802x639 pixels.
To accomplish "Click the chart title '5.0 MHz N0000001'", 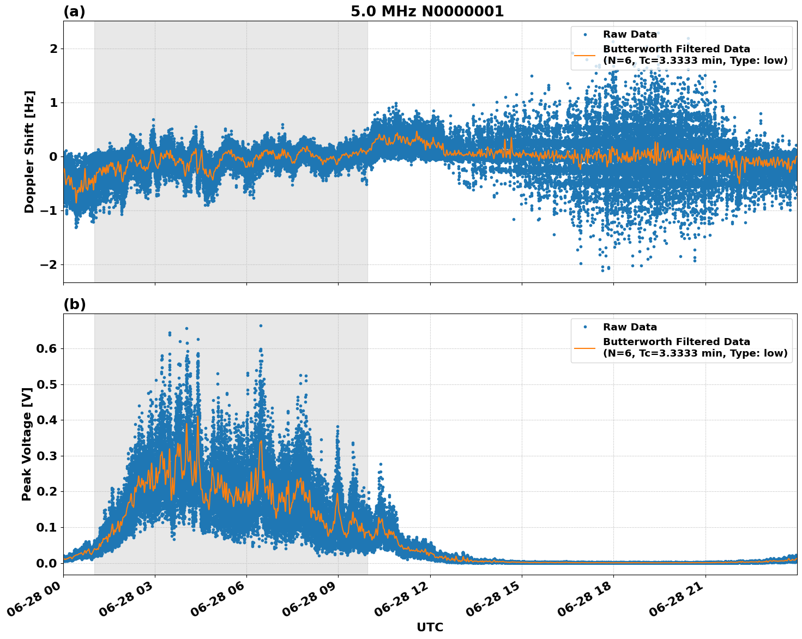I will [427, 11].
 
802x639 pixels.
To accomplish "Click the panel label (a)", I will [74, 11].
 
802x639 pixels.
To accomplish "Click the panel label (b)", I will [74, 304].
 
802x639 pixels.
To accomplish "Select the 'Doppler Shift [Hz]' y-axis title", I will [29, 152].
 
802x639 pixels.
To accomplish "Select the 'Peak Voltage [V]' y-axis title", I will [27, 440].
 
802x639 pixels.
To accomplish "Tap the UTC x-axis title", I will [430, 627].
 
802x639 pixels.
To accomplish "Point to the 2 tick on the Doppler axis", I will [54, 49].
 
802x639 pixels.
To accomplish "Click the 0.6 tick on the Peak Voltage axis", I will [47, 348].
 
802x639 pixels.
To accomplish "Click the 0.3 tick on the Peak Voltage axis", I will [47, 456].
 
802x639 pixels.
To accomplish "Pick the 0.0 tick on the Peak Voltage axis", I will [47, 563].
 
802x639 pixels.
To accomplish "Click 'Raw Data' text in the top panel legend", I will [630, 34].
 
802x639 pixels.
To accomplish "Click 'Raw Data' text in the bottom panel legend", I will [630, 327].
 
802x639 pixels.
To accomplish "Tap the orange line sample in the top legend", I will [585, 55].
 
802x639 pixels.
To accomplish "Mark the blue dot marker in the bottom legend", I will [585, 327].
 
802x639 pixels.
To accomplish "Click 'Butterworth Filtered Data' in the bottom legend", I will [676, 342].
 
